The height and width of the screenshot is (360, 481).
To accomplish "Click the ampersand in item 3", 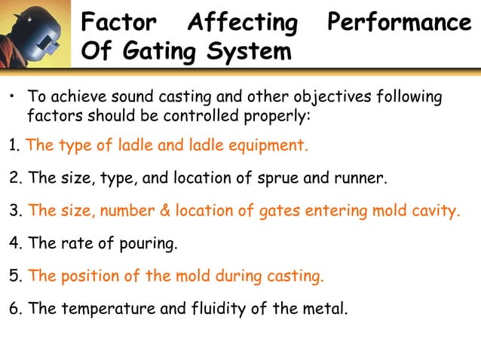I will (165, 212).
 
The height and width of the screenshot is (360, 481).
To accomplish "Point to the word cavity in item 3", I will (436, 212).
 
